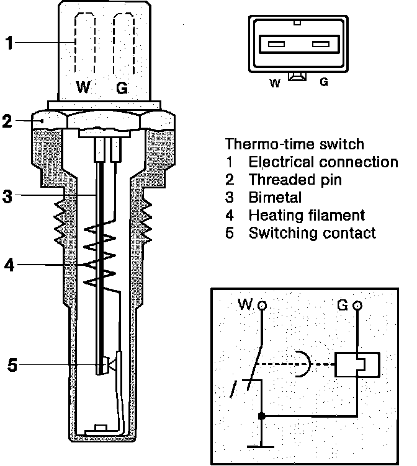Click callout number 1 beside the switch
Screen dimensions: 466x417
pos(9,43)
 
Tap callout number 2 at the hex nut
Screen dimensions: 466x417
pos(7,121)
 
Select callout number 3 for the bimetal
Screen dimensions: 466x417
pos(7,197)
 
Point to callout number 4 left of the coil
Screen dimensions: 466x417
pos(9,266)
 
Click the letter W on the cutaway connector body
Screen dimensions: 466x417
pos(83,88)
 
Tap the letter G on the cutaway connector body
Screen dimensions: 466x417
pos(122,88)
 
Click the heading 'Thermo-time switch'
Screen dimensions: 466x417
pos(294,144)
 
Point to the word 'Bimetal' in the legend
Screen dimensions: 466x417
pos(275,198)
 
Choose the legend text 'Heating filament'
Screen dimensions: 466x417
pos(307,216)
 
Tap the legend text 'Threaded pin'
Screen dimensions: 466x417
pos(295,180)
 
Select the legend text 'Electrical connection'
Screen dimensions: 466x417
pos(323,162)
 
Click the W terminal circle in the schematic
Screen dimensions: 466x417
pos(262,306)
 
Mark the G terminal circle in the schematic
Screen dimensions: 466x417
pos(357,306)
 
